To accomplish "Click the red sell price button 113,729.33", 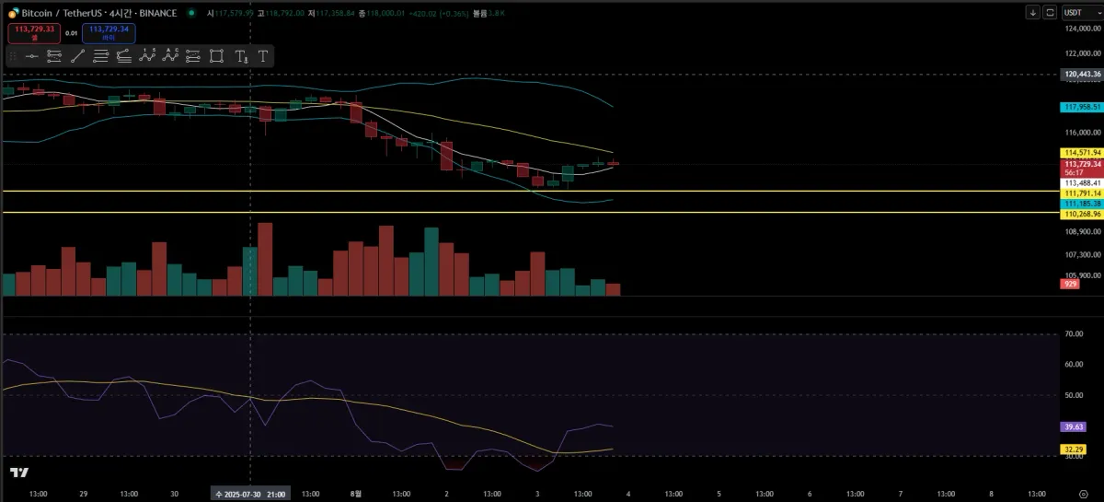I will [31, 32].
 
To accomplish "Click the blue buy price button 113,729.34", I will [109, 32].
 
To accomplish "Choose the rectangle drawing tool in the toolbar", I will [216, 56].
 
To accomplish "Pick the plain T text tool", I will [263, 56].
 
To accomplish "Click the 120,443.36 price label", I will [1082, 74].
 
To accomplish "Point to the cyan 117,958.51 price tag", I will [1082, 107].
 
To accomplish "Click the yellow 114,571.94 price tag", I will [1082, 152].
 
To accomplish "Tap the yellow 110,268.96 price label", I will [1082, 214].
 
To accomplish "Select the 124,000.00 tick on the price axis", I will [1082, 29].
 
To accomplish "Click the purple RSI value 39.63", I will [1072, 427].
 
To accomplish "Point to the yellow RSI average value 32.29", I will [1072, 449].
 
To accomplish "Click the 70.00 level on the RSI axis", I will [1074, 334].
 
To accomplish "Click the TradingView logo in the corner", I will [18, 473].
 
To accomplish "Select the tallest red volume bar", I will [266, 259].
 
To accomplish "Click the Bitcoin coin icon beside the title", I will [14, 13].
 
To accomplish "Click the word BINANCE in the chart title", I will [155, 13].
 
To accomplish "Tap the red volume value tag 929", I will [1071, 285].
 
